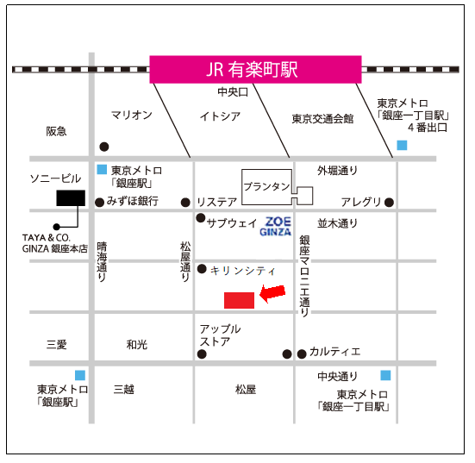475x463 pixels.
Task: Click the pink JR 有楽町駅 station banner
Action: (x=255, y=69)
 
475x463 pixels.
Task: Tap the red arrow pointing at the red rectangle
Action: (x=272, y=293)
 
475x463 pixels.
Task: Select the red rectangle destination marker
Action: (x=239, y=300)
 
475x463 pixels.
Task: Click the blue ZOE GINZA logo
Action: (x=275, y=227)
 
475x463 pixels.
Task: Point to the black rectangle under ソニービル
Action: (x=71, y=198)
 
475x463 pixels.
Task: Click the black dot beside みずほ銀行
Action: (x=99, y=203)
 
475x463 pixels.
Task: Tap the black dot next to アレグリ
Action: (x=389, y=203)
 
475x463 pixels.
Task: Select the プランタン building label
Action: (x=266, y=186)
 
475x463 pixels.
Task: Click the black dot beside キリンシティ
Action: (x=202, y=269)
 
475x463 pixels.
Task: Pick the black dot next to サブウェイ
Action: (x=201, y=218)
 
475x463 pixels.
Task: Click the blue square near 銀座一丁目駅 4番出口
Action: (x=402, y=145)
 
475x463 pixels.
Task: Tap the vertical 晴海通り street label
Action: (x=102, y=262)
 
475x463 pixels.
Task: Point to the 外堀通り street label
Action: (x=337, y=171)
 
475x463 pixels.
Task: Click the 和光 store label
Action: (x=136, y=345)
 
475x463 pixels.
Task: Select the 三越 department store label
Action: (x=124, y=389)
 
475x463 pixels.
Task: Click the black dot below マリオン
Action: (x=104, y=147)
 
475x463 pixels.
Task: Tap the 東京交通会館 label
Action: (x=322, y=119)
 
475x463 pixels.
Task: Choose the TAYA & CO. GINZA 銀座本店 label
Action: (x=55, y=243)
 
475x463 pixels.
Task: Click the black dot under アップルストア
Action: (x=202, y=354)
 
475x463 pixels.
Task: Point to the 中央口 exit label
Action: (x=233, y=91)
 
